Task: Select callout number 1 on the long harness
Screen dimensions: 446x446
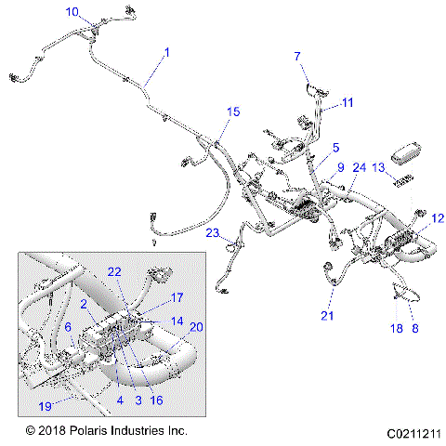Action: coord(167,54)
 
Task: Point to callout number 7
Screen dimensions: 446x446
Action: coord(298,57)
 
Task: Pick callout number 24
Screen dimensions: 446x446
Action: coord(360,167)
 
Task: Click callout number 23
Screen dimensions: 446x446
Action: coord(213,233)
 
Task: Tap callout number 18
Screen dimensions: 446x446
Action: coord(395,329)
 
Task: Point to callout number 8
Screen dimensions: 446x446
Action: coord(414,329)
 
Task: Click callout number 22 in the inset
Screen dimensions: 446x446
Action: coord(114,271)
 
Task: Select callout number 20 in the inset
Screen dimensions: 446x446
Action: coord(195,326)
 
